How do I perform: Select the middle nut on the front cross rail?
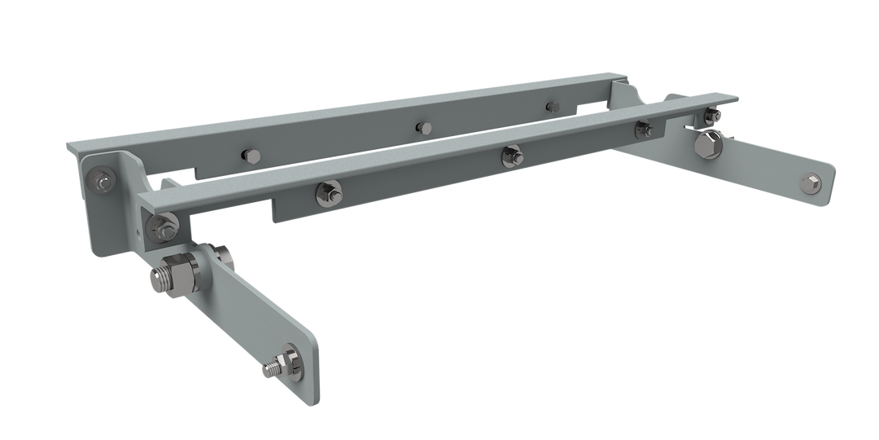coord(512,154)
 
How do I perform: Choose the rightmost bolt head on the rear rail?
coord(553,106)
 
